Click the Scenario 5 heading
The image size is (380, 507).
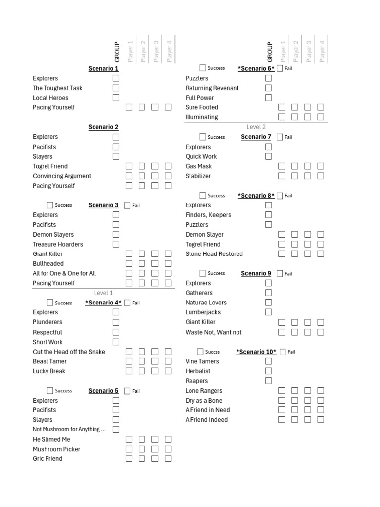coord(103,391)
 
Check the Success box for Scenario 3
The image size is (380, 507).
coord(50,205)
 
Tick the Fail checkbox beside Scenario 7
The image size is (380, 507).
coord(280,137)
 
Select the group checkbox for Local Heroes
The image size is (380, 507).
coord(116,98)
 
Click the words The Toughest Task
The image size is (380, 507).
coord(57,88)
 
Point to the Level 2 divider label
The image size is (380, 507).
coord(256,127)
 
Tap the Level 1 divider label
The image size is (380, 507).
coord(103,293)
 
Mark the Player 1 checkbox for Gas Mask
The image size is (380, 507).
coord(282,166)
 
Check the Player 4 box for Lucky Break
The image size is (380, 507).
coord(168,371)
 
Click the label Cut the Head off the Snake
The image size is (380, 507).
coord(69,352)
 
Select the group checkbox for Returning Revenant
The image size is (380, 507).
coord(268,88)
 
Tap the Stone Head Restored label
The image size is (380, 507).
coord(214,254)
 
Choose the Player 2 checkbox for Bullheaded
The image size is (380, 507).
coord(142,263)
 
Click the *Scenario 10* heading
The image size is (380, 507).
coord(256,352)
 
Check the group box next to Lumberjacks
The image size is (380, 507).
coord(268,312)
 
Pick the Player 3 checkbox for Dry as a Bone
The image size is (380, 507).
coord(308,400)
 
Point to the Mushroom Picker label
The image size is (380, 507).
coord(56,449)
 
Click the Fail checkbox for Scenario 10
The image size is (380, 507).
coord(283,352)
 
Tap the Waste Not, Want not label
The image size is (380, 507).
coord(213,332)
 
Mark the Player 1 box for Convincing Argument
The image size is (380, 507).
coord(129,176)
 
